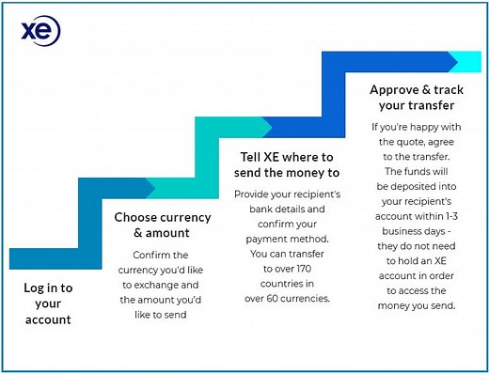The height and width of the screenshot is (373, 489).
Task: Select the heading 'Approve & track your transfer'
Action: [412, 97]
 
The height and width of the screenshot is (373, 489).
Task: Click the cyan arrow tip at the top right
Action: [468, 62]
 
